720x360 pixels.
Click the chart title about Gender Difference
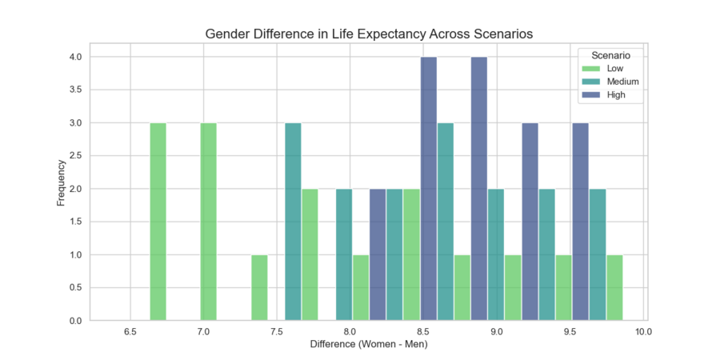[369, 34]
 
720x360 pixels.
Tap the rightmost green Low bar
[614, 288]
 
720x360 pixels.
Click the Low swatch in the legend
[591, 69]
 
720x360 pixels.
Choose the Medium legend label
[622, 82]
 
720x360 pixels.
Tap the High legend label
[616, 94]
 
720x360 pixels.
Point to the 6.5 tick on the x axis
[130, 331]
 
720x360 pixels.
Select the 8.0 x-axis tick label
[350, 331]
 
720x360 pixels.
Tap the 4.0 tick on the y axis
[76, 58]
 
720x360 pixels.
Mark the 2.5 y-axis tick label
[76, 156]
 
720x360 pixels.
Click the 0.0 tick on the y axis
[76, 321]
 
